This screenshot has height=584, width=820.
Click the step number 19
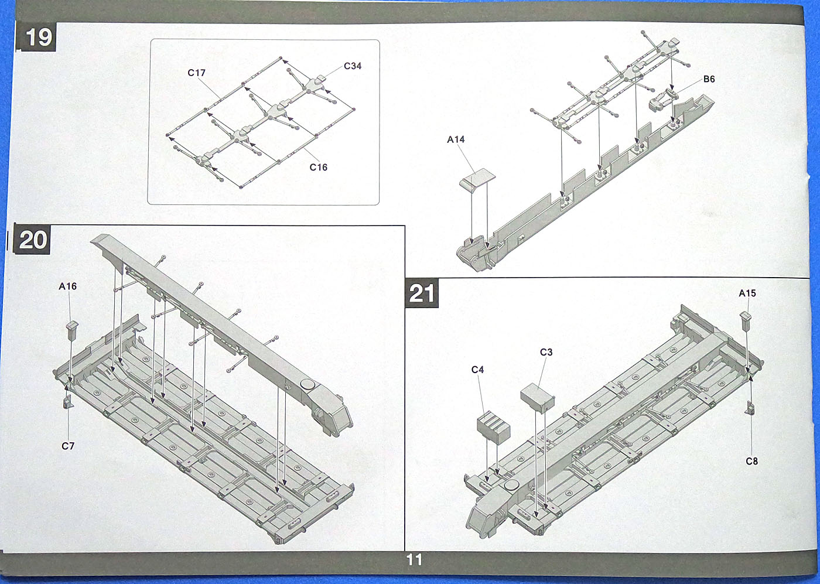tap(38, 38)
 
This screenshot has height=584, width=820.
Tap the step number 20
tap(32, 240)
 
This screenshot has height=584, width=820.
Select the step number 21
tap(422, 293)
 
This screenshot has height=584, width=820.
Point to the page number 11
tap(414, 560)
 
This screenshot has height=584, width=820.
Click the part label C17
tap(196, 73)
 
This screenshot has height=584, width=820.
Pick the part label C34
tap(353, 66)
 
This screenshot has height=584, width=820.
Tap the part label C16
tap(318, 168)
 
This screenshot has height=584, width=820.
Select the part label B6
tap(709, 79)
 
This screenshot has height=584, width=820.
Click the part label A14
tap(456, 139)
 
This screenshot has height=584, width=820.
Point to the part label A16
tap(67, 286)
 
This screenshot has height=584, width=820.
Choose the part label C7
tap(68, 446)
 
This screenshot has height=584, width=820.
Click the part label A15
tap(747, 293)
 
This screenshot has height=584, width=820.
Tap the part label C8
tap(751, 462)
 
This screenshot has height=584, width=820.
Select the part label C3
tap(546, 352)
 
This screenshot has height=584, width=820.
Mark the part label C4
tap(477, 370)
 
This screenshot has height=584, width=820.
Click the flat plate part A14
tap(475, 178)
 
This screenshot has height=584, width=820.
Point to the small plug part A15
tap(746, 320)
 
